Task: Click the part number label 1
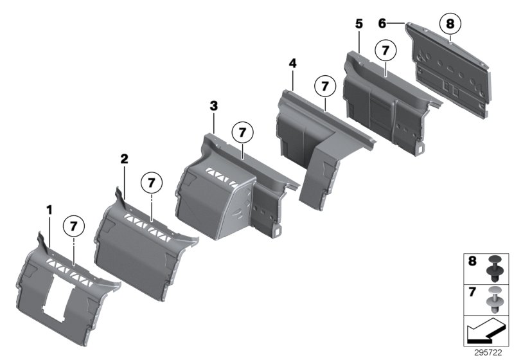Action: coord(48,209)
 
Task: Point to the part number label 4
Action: coord(293,64)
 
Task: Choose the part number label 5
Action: coord(359,24)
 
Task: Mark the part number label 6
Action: coord(382,23)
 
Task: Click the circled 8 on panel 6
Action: coord(450,24)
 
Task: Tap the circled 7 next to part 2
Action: coord(152,182)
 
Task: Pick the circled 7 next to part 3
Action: coord(242,132)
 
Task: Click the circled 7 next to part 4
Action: coord(325,85)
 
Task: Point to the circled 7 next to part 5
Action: coord(385,48)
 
